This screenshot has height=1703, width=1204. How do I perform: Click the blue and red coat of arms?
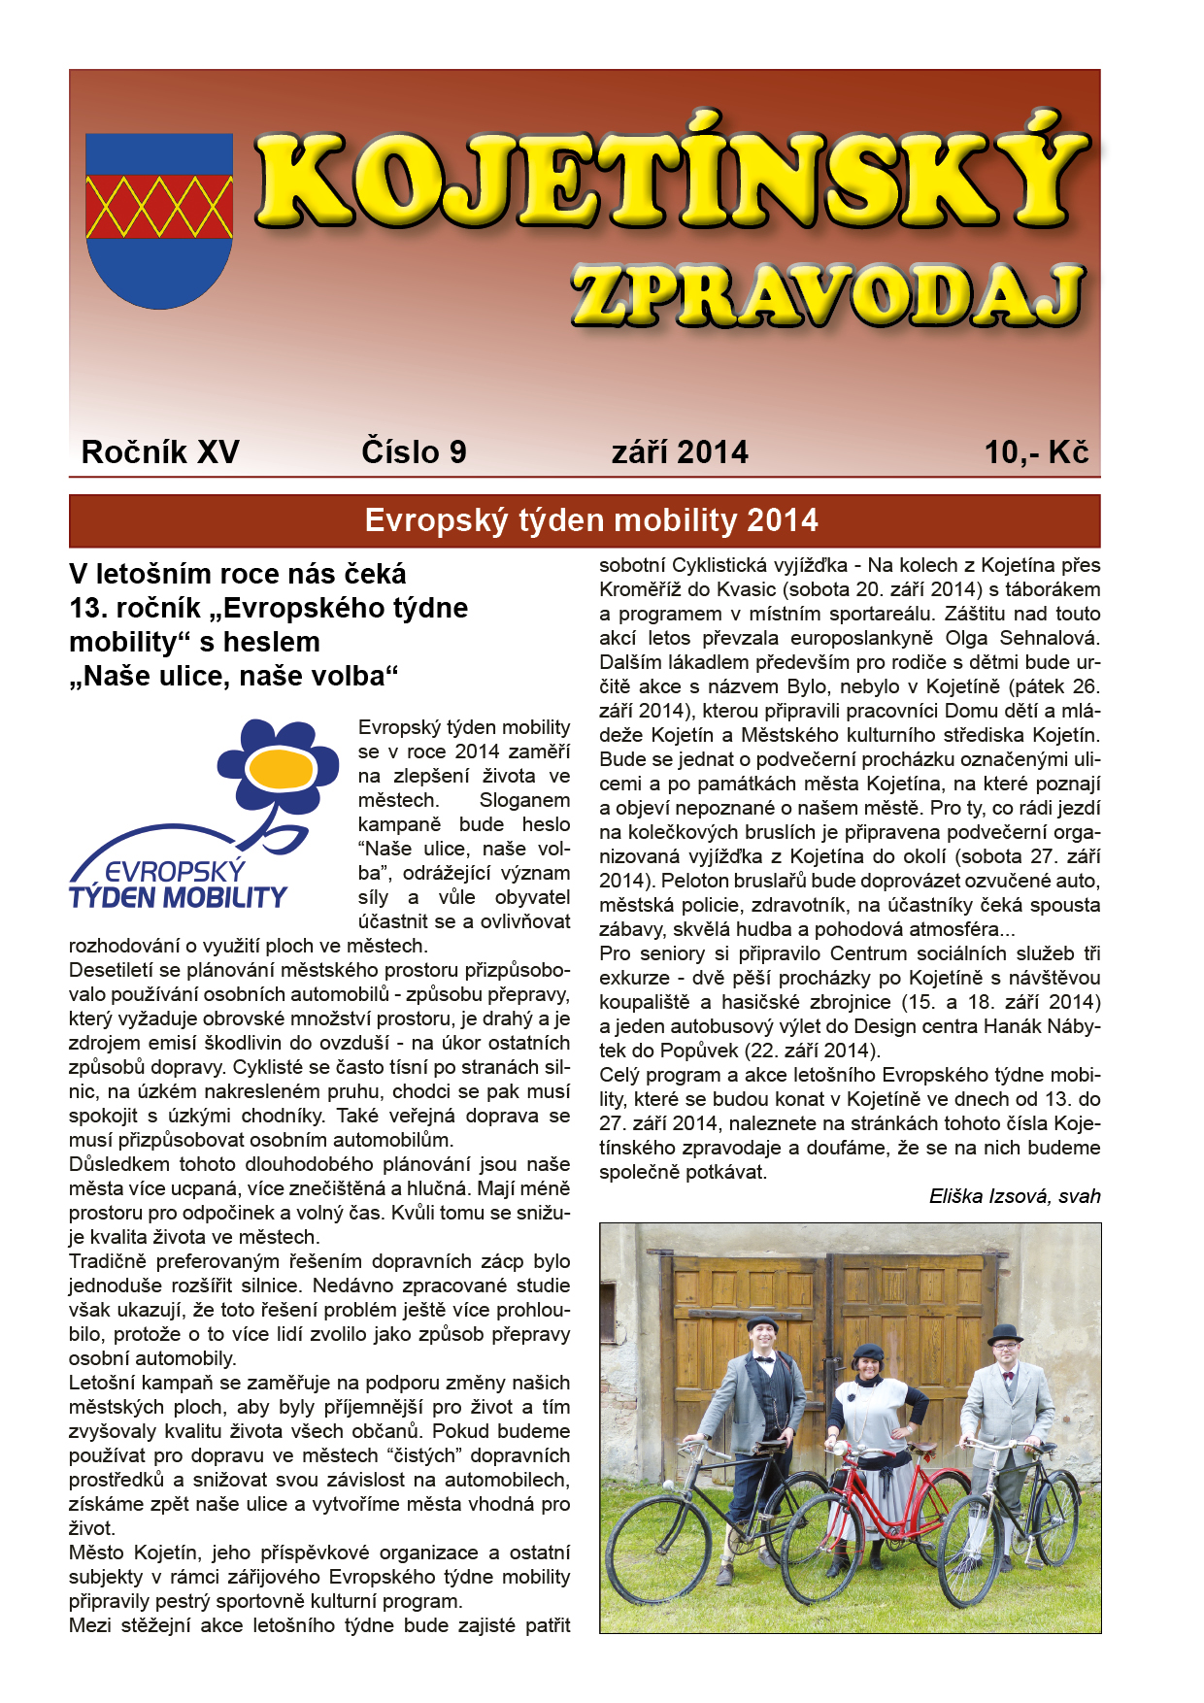(x=159, y=220)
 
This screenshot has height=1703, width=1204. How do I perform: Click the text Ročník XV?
(x=160, y=452)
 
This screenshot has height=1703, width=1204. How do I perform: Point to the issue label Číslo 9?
(x=414, y=452)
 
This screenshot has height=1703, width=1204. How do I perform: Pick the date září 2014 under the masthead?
(x=680, y=452)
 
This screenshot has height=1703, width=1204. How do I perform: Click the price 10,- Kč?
(x=1036, y=452)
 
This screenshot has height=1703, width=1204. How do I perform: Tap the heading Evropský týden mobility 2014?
(x=591, y=521)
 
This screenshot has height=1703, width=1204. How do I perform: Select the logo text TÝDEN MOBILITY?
(x=179, y=897)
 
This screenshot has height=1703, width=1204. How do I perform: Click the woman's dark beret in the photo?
(x=867, y=1352)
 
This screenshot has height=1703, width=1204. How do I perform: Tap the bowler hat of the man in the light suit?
(x=1005, y=1332)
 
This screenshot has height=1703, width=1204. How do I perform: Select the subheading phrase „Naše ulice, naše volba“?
(x=234, y=676)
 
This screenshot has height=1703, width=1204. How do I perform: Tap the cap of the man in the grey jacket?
(x=763, y=1322)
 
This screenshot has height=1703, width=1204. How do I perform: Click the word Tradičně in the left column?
(x=108, y=1261)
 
